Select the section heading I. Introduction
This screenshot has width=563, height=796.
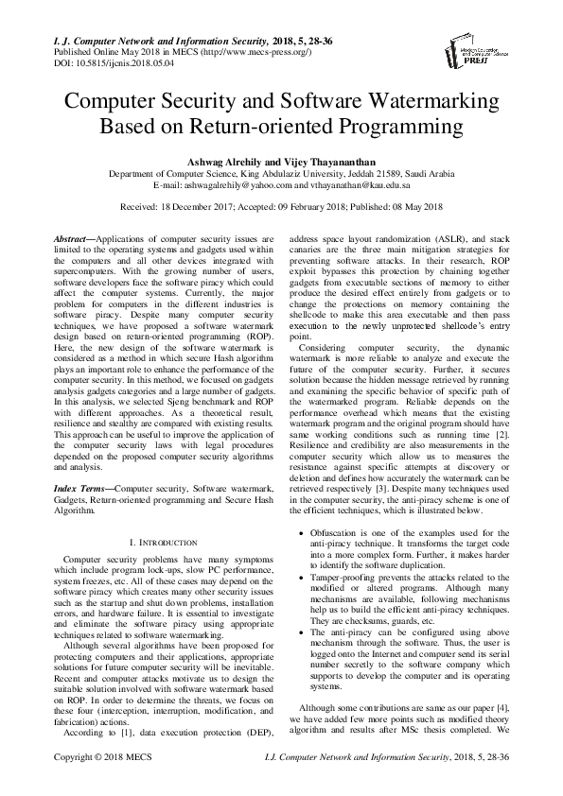(162, 543)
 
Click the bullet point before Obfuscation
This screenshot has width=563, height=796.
(301, 535)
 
